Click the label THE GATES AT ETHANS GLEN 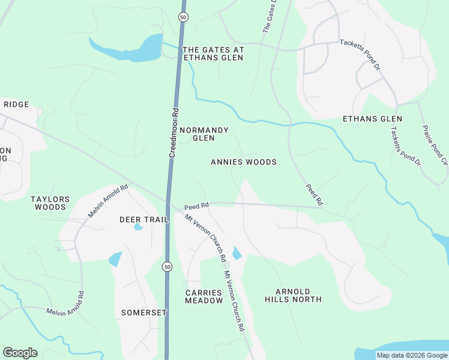point(212,54)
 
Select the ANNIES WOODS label point(244,162)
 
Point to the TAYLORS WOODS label point(50,203)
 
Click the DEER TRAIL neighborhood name point(144,220)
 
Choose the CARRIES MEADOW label point(203,296)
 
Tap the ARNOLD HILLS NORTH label point(294,295)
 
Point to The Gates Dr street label point(271,16)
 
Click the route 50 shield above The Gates point(182,17)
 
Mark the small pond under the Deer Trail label point(139,227)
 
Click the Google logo point(20,353)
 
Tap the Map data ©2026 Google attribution point(412,355)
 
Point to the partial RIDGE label point(16,104)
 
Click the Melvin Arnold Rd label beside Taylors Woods point(108,201)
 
